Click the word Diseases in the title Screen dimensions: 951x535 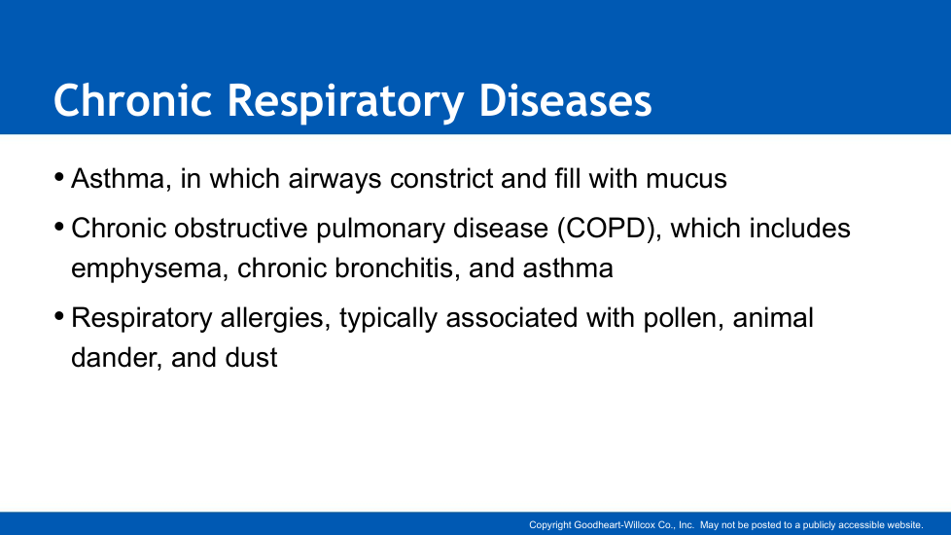[565, 100]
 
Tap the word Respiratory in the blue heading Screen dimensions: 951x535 [346, 102]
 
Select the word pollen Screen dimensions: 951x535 [683, 318]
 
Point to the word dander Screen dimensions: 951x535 [117, 358]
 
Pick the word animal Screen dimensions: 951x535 [773, 318]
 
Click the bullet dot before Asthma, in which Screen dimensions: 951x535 [59, 178]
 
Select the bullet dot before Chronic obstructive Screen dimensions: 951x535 [59, 228]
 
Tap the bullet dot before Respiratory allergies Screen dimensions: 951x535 [59, 317]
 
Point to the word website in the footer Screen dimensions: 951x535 [905, 525]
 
